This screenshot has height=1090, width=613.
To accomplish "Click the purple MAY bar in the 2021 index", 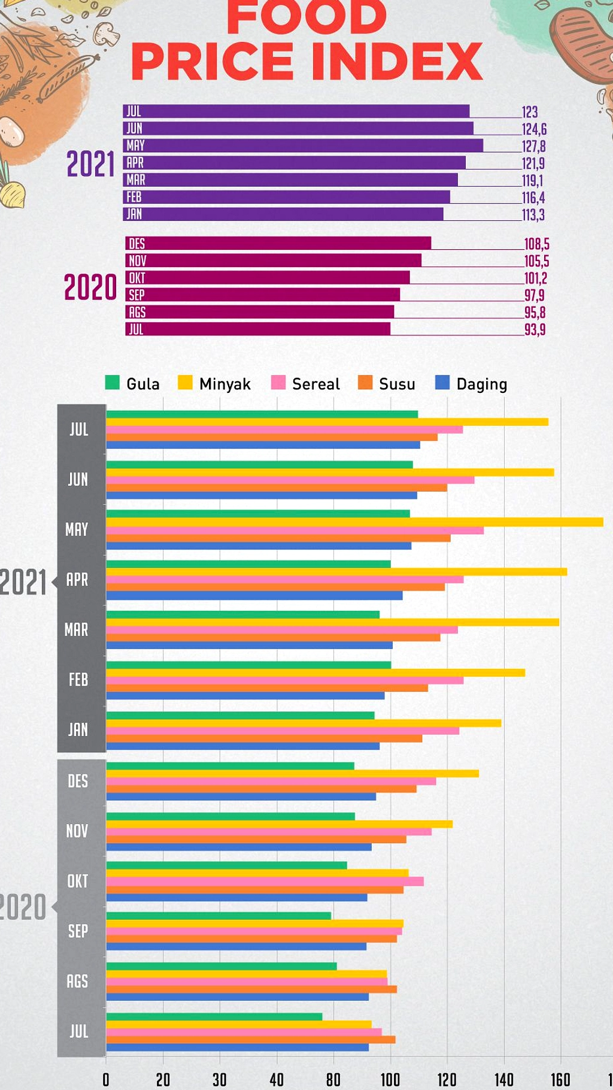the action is (x=303, y=146).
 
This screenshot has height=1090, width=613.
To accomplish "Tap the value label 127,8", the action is (x=533, y=146).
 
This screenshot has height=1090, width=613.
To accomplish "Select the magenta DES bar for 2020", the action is (x=278, y=243).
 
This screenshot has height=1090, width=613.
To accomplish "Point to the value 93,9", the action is (x=535, y=329).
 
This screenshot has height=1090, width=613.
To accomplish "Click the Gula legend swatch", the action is (x=112, y=383).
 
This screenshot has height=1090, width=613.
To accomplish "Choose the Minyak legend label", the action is (x=224, y=384).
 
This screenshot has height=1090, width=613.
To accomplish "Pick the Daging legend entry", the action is (x=471, y=383).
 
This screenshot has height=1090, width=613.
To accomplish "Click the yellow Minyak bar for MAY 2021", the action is (x=354, y=522).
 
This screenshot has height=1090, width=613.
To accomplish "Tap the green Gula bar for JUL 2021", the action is (x=262, y=414).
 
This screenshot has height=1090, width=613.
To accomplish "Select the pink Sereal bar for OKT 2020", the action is (x=265, y=882).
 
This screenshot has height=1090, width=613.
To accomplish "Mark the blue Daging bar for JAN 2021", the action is (x=242, y=746).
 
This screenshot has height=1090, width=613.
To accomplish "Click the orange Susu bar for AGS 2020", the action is (x=251, y=989).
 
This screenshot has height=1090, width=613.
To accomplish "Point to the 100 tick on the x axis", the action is (x=390, y=1079).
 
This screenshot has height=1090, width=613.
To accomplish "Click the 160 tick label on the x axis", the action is (x=560, y=1079).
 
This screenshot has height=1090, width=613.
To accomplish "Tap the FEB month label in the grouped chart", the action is (x=78, y=680).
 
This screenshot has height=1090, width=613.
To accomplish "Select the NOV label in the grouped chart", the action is (x=77, y=831).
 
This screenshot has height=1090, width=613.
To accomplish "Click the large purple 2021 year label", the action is (x=90, y=164).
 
